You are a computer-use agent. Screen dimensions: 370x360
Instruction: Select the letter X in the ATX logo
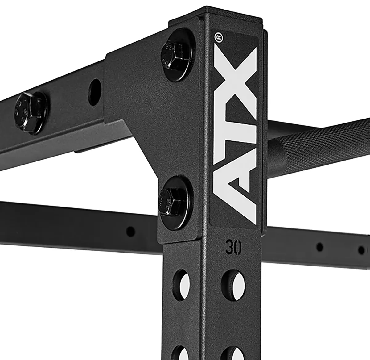point(235,82)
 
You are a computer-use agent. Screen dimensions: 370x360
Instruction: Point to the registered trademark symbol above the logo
point(218,37)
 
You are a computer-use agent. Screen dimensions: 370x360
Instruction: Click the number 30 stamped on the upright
point(233,248)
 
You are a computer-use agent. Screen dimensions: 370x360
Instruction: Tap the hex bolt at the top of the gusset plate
point(178,55)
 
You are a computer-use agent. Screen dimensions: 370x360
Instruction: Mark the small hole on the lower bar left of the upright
point(130,231)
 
